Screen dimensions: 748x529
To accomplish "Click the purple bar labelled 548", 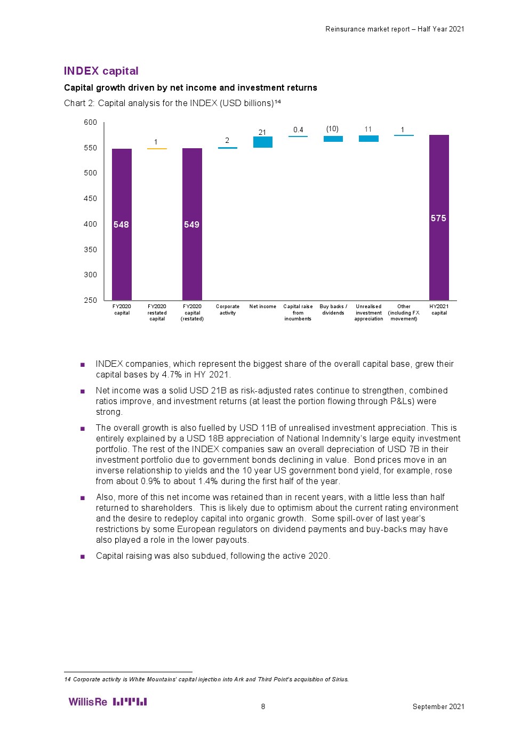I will (x=122, y=224).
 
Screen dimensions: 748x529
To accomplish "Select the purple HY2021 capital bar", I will (x=439, y=218).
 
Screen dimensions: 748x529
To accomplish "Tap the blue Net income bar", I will (x=262, y=142).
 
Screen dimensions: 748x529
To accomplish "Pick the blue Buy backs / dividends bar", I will (x=333, y=139).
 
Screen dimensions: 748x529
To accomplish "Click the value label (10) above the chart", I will (x=332, y=129).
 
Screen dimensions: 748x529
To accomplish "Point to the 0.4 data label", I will (x=298, y=130).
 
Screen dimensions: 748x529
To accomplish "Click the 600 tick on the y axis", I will (x=91, y=122).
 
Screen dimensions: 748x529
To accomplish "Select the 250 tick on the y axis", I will (x=91, y=300).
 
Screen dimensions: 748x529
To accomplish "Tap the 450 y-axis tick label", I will (x=91, y=198).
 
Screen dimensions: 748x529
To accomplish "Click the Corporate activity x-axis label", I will (x=228, y=310).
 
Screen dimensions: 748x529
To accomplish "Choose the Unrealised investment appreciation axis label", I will (x=368, y=312).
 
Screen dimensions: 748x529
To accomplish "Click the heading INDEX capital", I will (x=101, y=71).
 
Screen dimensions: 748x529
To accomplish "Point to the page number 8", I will (x=263, y=706).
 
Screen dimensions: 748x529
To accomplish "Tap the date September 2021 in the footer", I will (x=438, y=706).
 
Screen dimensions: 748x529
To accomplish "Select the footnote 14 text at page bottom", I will (x=206, y=679).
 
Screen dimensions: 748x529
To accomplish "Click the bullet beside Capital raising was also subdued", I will (x=83, y=556).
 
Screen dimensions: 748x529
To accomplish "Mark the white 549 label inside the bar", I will (x=191, y=224).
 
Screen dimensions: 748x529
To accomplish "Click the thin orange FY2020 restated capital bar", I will (x=157, y=149).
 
